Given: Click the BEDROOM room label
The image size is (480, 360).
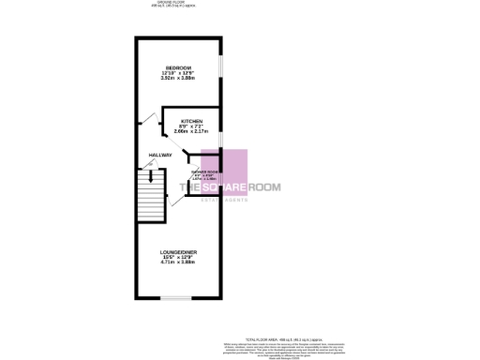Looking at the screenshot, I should coord(178,68).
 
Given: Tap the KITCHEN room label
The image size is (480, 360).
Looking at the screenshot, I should coord(192,122).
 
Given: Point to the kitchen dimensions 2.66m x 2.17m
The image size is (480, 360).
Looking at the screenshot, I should coord(192,135).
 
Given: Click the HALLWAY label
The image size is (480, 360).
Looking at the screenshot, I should coord(159,155).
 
